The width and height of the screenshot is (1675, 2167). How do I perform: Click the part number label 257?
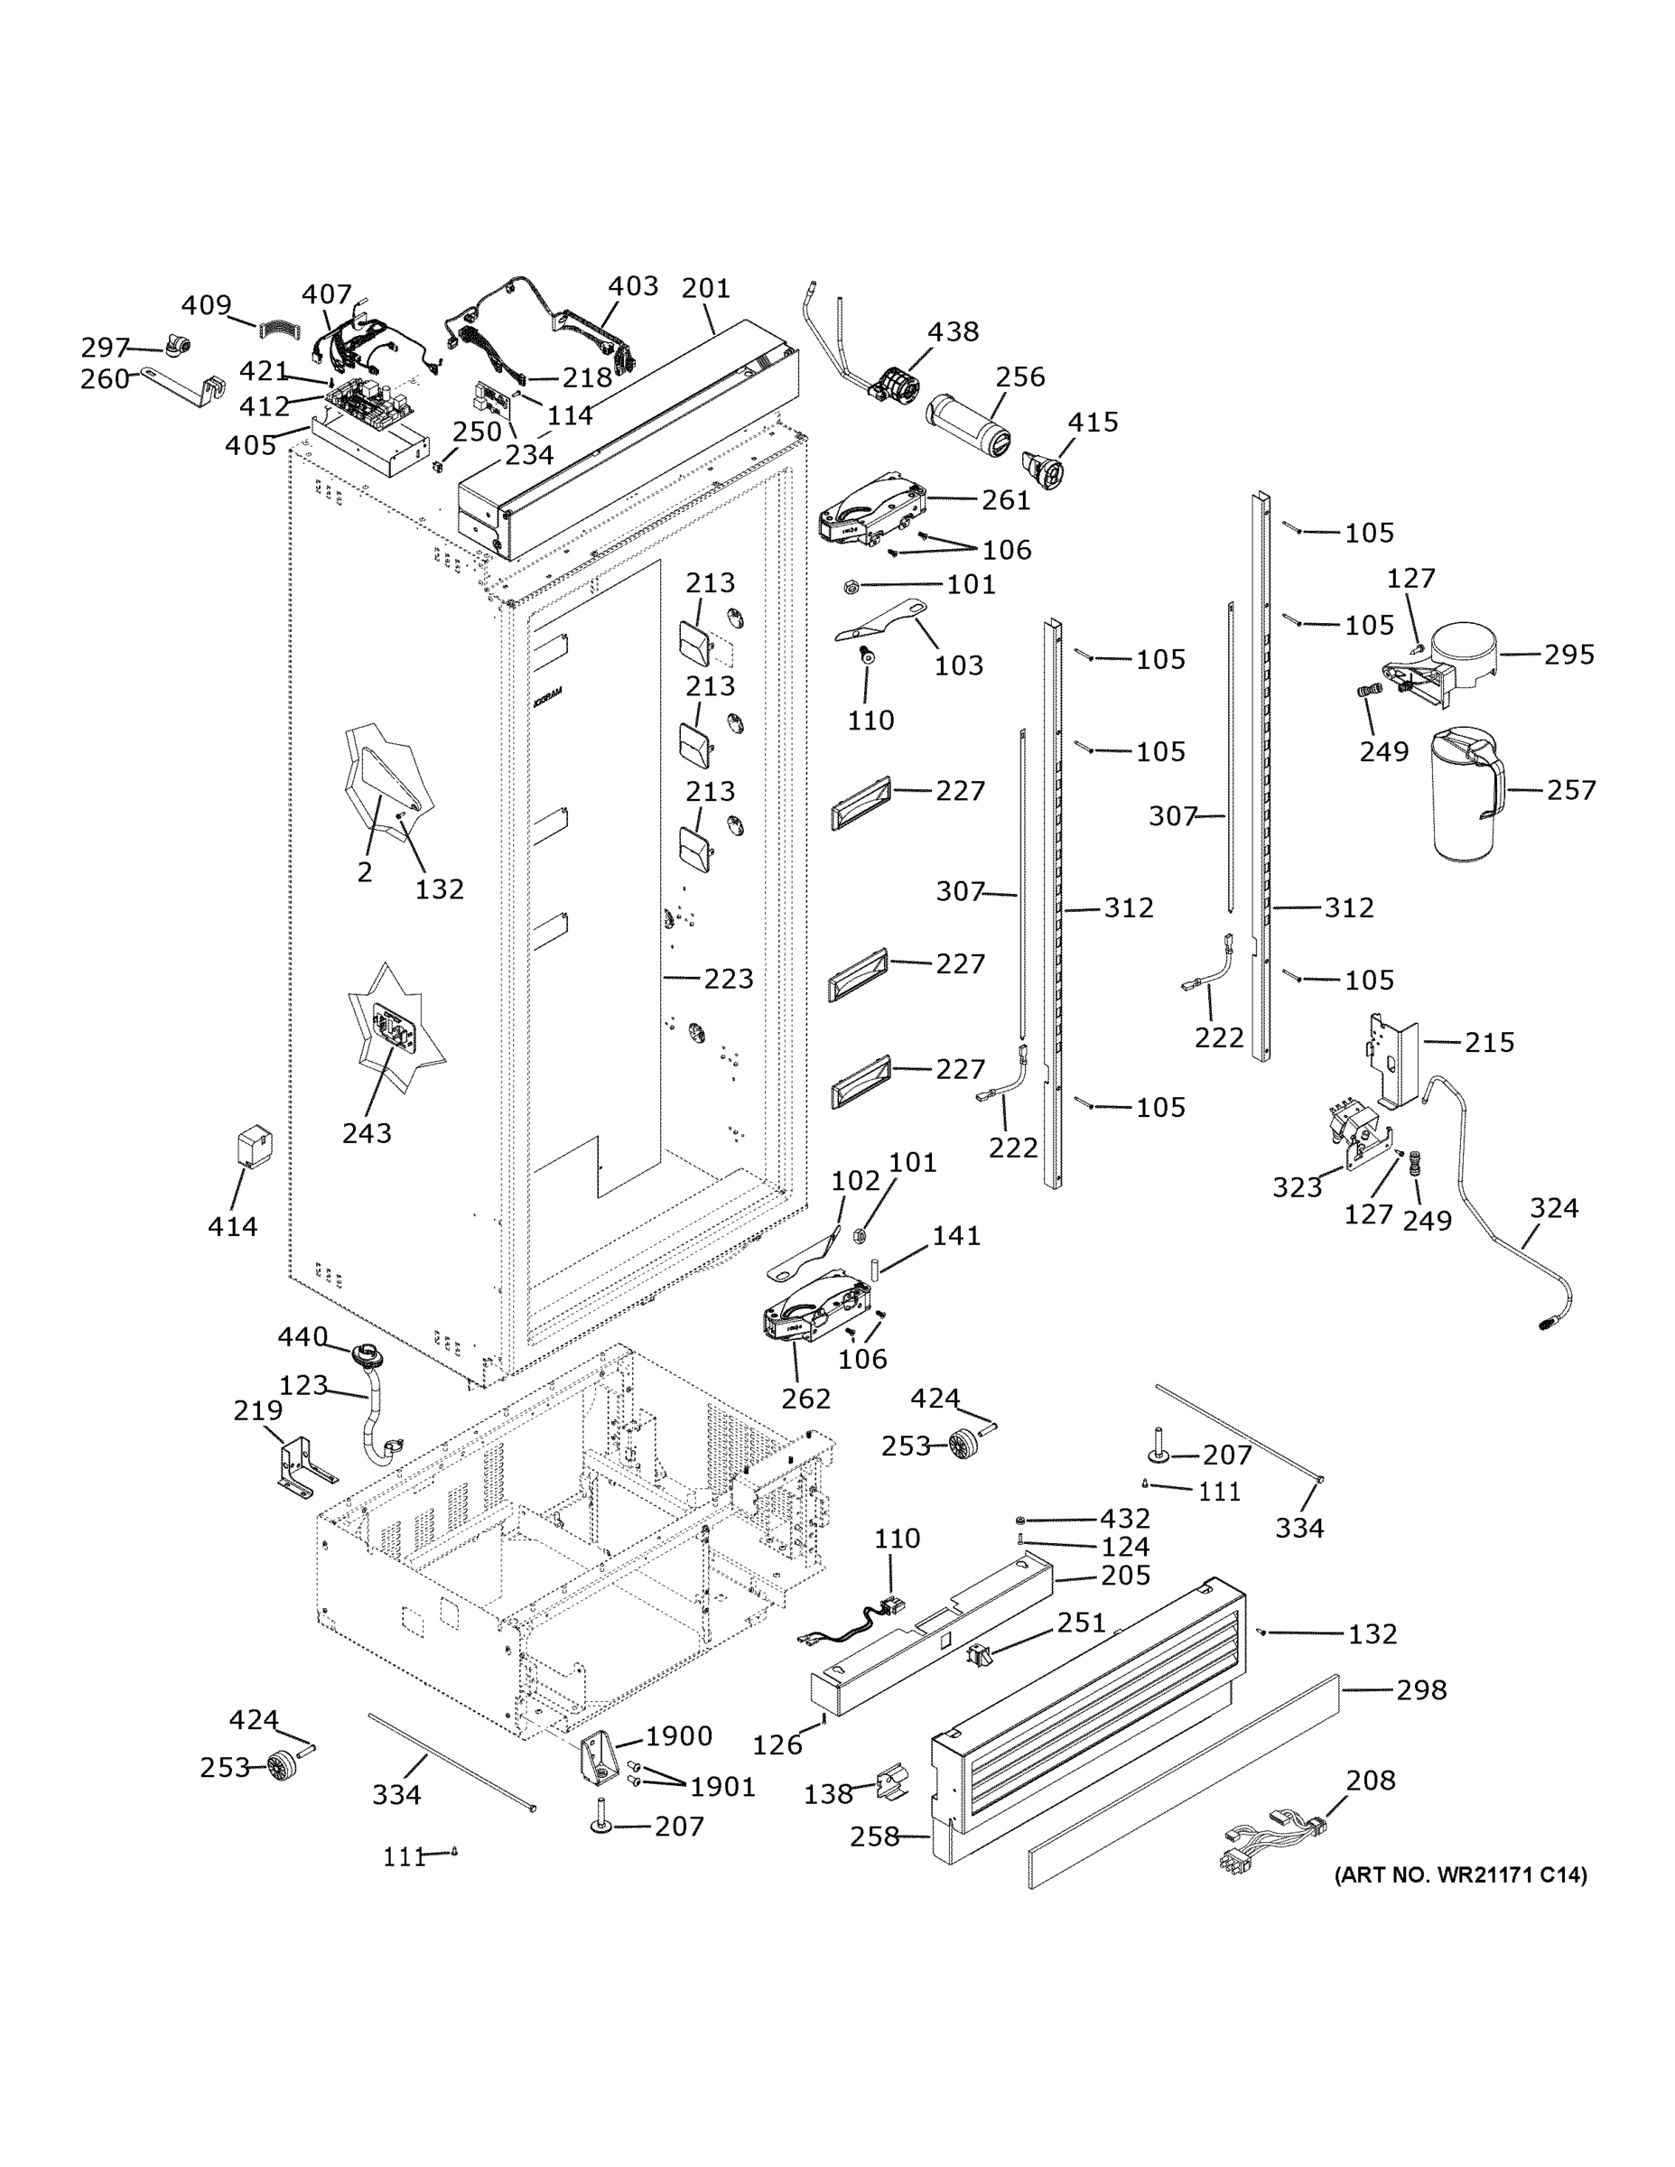(x=1571, y=790)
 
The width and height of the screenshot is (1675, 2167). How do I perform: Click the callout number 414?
(x=232, y=1226)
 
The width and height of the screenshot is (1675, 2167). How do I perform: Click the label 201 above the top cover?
(x=705, y=288)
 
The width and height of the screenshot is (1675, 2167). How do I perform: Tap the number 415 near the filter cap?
(x=1093, y=422)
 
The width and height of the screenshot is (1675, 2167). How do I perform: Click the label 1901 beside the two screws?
(x=722, y=1787)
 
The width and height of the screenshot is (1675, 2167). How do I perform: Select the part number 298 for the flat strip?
(x=1421, y=1689)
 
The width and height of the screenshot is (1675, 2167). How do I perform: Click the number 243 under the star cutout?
(x=368, y=1132)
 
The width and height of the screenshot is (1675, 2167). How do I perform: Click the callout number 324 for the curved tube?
(x=1553, y=1207)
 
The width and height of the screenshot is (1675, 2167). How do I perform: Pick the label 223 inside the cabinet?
(x=729, y=979)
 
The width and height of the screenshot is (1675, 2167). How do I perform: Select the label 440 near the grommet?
(x=302, y=1336)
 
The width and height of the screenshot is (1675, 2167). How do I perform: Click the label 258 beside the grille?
(x=874, y=1837)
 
